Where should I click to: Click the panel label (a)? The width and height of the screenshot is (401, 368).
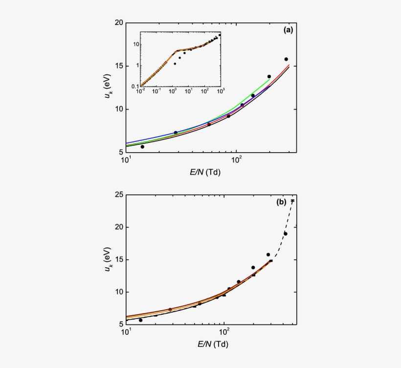(x=289, y=30)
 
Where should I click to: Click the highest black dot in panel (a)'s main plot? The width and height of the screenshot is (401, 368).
(x=286, y=59)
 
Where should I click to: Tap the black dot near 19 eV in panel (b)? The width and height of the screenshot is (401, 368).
(x=285, y=233)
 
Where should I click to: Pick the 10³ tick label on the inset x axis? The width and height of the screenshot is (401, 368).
(x=220, y=92)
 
